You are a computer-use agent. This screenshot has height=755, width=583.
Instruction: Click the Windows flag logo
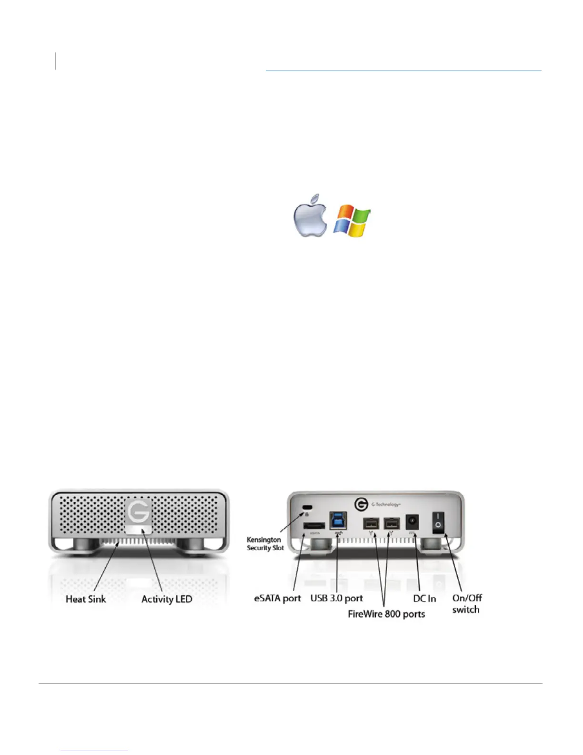(352, 221)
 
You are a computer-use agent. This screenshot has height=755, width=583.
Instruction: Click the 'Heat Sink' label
(86, 599)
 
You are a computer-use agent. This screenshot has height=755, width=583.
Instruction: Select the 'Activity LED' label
(167, 599)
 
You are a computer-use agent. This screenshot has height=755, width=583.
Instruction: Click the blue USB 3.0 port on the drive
(338, 520)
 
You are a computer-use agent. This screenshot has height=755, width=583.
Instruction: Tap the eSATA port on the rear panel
(314, 526)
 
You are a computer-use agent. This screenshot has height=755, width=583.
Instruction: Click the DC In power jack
(412, 522)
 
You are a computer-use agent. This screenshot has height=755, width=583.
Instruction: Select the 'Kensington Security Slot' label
(265, 544)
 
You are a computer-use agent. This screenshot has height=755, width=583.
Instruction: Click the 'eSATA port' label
(278, 598)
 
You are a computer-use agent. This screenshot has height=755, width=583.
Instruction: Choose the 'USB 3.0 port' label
(336, 598)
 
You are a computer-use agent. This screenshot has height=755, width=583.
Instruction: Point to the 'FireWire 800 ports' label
(386, 614)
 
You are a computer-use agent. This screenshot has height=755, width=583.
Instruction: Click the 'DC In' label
(424, 598)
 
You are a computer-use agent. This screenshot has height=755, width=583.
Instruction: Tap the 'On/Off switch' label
(467, 603)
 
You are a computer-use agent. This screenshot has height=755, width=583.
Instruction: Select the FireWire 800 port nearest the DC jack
(392, 523)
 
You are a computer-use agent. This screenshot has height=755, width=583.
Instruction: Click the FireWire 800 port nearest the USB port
(371, 523)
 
